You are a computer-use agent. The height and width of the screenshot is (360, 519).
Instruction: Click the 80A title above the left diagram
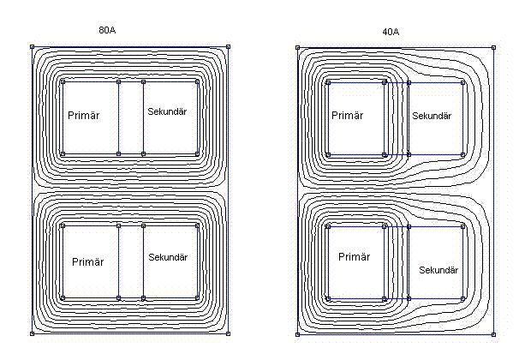(107, 30)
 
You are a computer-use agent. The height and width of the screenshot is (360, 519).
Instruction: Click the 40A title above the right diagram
(391, 32)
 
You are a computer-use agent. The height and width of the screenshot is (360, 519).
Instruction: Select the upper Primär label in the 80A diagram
(82, 115)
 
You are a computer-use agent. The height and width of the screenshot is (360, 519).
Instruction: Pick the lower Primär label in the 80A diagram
(88, 261)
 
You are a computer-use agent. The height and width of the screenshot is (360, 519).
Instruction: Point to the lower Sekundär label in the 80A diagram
(167, 257)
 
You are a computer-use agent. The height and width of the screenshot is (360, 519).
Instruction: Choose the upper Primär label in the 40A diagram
(348, 115)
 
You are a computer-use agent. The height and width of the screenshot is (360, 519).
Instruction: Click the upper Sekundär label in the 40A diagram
(432, 116)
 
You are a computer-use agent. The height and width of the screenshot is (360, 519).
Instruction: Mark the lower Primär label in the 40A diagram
(355, 256)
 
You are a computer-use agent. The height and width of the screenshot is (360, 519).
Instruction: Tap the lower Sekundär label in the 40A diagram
(438, 270)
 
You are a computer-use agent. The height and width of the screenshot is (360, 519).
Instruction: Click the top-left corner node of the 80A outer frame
(33, 47)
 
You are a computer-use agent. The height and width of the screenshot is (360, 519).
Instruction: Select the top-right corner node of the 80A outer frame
(228, 47)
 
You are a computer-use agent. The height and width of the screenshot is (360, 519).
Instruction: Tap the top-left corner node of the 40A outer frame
(298, 47)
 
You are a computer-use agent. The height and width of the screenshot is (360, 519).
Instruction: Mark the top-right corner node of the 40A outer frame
(493, 47)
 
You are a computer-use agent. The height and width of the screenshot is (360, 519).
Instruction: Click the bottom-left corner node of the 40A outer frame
(298, 333)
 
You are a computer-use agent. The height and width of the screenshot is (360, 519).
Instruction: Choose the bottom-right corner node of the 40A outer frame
(493, 333)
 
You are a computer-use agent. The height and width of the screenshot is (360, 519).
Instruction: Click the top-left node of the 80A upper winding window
(63, 81)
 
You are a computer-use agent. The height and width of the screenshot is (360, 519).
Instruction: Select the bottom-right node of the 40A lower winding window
(462, 299)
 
